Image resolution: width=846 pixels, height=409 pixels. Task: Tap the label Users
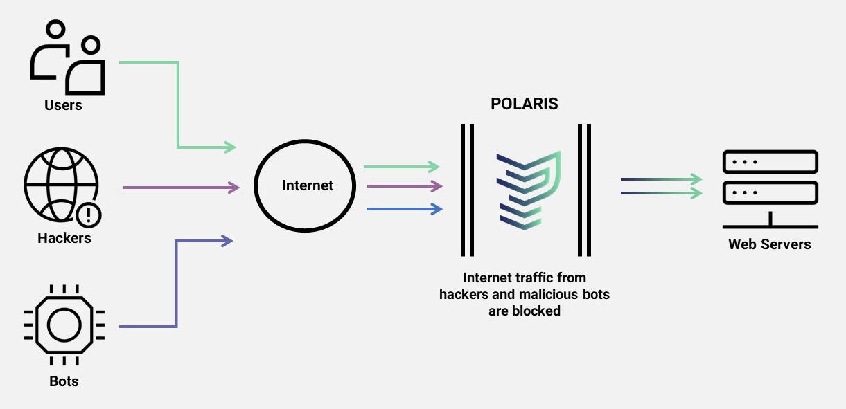(63, 105)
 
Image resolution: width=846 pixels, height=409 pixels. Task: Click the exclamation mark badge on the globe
(89, 215)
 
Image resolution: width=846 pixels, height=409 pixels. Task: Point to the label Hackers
(64, 238)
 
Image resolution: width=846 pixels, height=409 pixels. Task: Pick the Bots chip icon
(64, 325)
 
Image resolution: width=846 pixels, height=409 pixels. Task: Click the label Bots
(64, 381)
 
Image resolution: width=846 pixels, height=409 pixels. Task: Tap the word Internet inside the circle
(308, 185)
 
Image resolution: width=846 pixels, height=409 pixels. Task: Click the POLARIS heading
(525, 104)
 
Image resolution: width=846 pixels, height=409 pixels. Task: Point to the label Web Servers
(769, 244)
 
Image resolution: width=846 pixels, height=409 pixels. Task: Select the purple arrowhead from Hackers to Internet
(233, 187)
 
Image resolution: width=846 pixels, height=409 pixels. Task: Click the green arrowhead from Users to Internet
(231, 147)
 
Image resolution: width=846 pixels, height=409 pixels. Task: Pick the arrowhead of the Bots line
(227, 241)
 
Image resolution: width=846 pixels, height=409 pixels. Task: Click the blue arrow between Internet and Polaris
(403, 208)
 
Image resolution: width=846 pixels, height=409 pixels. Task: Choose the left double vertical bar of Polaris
(468, 190)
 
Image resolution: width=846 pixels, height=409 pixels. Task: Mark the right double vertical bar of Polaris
(584, 190)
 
